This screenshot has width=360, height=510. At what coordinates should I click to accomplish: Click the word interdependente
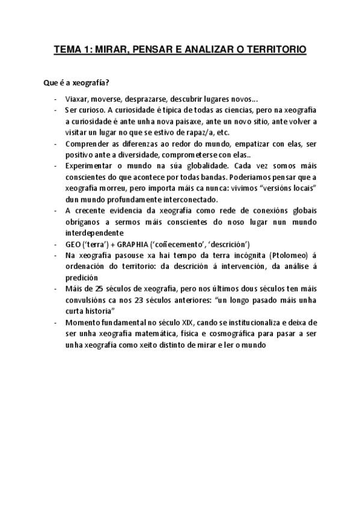[x=93, y=233]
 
